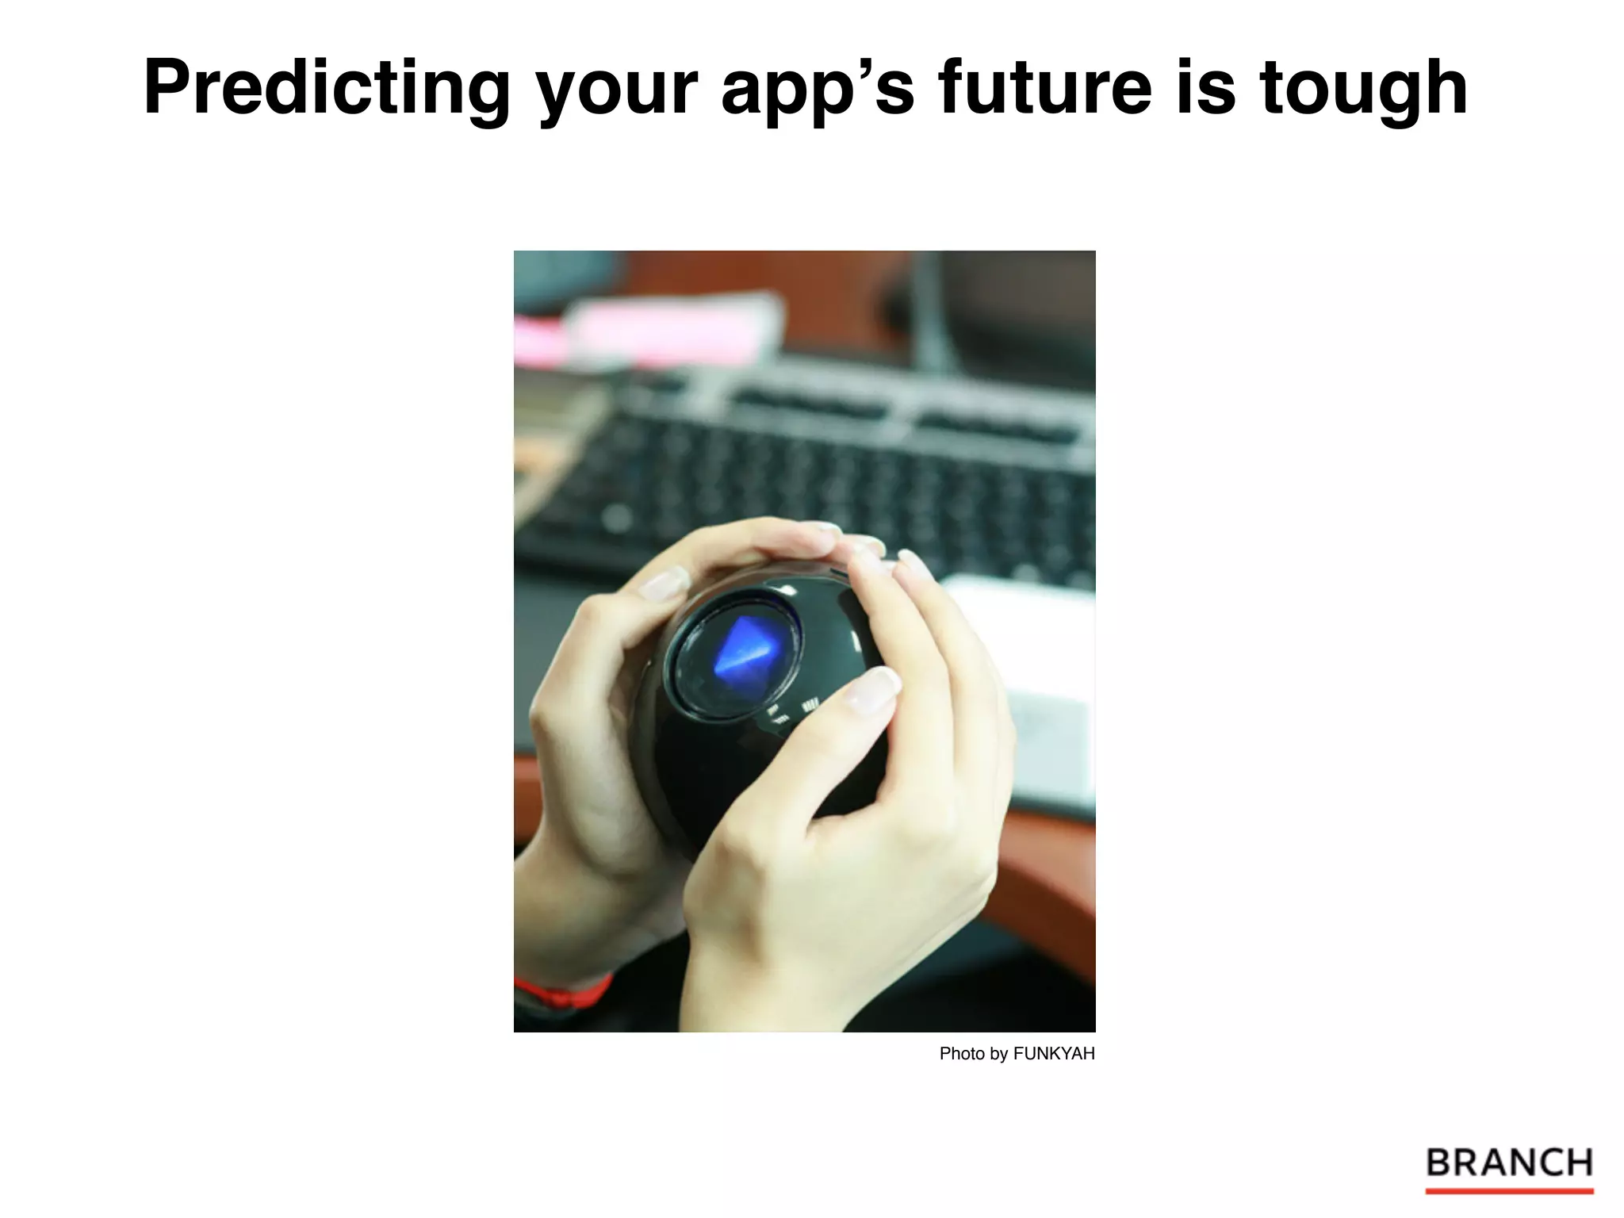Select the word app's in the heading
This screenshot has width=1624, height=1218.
(818, 89)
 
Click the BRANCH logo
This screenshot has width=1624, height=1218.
(1510, 1163)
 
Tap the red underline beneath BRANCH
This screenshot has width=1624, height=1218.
(1510, 1191)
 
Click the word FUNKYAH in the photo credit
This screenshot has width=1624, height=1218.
(1054, 1054)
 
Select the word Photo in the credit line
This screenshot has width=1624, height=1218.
(962, 1054)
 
